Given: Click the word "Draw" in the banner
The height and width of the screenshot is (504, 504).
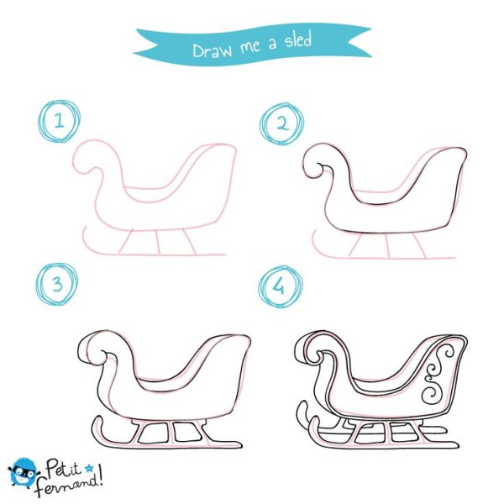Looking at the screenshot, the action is pos(212,50).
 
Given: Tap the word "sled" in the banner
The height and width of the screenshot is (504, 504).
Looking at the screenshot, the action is pos(298,39).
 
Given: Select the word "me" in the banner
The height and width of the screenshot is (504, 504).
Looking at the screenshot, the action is pos(249,47).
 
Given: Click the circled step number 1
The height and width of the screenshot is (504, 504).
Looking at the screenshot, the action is pos(59,121).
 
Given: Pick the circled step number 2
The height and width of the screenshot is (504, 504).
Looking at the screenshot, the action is pos(282,123).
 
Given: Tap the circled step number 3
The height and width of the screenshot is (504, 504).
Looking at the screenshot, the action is pos(57,284).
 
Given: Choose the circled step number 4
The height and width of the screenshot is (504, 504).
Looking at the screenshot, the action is pos(281,286).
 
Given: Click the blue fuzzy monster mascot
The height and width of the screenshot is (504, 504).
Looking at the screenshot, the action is pos(24,472).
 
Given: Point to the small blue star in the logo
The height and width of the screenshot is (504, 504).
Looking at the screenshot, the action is pos(89,469).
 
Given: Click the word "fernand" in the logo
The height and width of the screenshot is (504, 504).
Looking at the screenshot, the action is pos(66,485).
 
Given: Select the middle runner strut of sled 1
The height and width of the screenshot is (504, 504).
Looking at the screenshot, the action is pos(158,242).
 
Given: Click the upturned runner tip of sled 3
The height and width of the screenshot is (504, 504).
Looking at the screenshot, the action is pos(97,423).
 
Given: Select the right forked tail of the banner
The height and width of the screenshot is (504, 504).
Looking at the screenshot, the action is pos(360,41).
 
